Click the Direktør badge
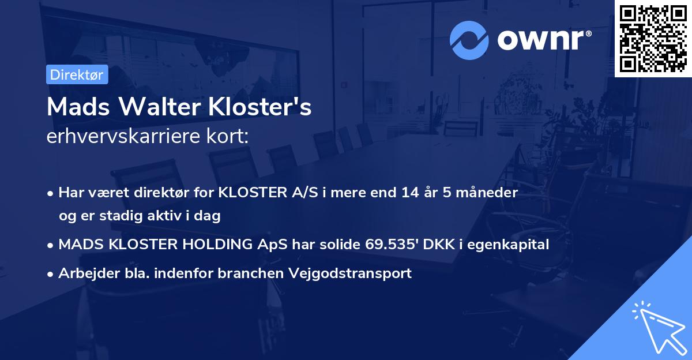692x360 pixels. [77, 74]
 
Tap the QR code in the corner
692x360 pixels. [652, 38]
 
